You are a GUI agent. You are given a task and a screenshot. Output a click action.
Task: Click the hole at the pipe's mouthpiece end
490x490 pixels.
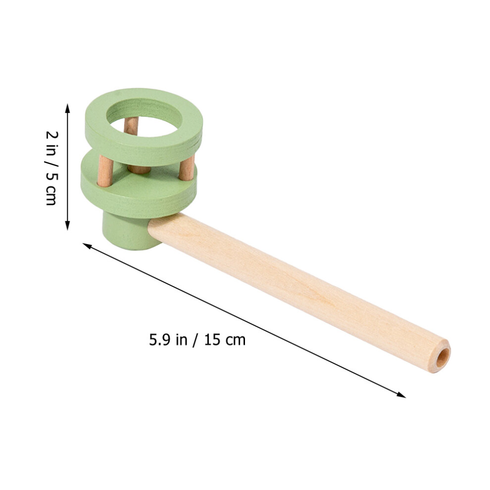[443, 357]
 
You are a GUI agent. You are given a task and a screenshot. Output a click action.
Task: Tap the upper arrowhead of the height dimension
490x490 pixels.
[67, 108]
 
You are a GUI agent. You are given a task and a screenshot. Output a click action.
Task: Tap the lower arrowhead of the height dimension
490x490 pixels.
[67, 225]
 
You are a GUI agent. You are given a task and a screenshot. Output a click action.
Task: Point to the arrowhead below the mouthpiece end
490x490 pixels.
[401, 395]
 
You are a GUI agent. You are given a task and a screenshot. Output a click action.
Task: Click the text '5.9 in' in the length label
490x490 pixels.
[168, 340]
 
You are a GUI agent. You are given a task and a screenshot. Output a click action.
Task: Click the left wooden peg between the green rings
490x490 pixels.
[105, 171]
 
